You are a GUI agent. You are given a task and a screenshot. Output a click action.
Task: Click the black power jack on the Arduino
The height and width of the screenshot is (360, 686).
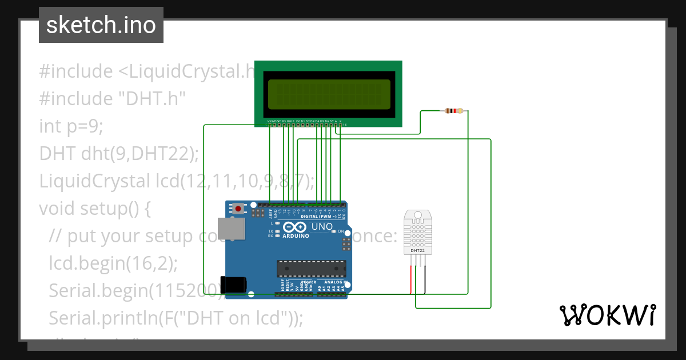[234, 285]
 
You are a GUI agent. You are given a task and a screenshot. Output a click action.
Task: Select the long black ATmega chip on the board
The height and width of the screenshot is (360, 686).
[312, 267]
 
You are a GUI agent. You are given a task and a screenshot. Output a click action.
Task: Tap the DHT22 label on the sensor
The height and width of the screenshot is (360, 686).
[417, 251]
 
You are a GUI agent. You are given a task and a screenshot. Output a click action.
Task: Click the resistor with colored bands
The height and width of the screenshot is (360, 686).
[454, 111]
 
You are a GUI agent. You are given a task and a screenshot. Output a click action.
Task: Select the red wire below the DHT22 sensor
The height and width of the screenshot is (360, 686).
[410, 280]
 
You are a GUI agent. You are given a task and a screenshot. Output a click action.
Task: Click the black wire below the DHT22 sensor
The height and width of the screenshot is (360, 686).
[424, 280]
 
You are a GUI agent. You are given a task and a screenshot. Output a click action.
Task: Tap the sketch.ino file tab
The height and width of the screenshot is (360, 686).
[101, 25]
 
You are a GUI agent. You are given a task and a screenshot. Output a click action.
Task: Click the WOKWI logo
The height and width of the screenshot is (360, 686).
[607, 315]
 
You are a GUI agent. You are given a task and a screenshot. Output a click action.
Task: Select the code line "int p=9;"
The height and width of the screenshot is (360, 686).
[71, 126]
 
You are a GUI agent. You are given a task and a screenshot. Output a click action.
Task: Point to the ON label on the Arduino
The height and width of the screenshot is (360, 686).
[340, 231]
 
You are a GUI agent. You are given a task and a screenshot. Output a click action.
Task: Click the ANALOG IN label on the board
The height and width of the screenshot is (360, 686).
[336, 282]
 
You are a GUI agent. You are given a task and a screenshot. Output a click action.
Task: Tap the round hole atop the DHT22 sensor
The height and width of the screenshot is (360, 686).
[417, 215]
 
